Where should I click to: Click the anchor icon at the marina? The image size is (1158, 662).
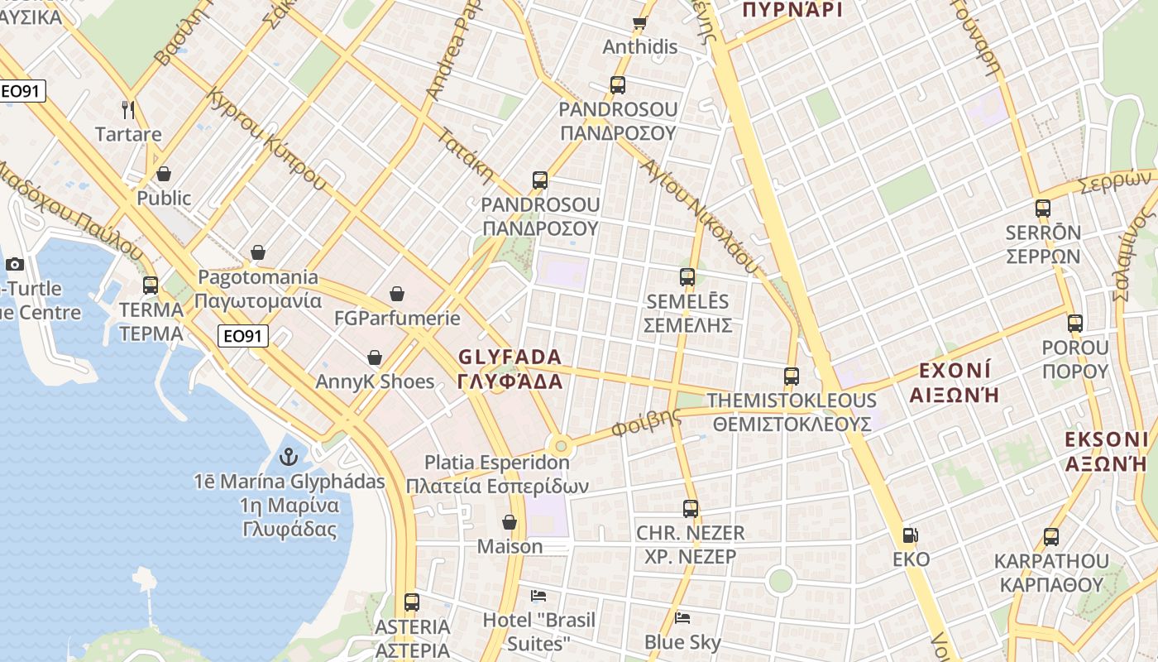pos(289,456)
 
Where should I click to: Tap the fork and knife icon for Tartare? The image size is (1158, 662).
pos(128,109)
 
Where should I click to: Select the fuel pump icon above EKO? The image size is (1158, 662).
pos(910,535)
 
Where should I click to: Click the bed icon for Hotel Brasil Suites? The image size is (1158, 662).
pos(538,595)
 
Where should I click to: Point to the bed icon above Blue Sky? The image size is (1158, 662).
pos(682,617)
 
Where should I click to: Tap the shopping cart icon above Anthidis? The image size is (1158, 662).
pos(639,22)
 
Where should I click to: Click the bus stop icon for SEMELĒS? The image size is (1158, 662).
pos(687,277)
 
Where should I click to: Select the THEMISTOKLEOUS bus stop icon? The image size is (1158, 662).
pos(792,377)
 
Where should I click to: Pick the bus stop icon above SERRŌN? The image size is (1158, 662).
pos(1042,209)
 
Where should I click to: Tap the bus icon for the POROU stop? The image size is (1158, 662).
pos(1074,324)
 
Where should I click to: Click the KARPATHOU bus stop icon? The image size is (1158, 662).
pos(1051,537)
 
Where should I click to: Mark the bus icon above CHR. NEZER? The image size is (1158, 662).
pos(691,509)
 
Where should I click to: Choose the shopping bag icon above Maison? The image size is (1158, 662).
pos(510,522)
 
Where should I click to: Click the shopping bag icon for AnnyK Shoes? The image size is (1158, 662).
pos(375,357)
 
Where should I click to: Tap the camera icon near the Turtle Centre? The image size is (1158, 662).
pos(14,265)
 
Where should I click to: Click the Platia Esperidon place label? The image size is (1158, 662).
pos(496,463)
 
